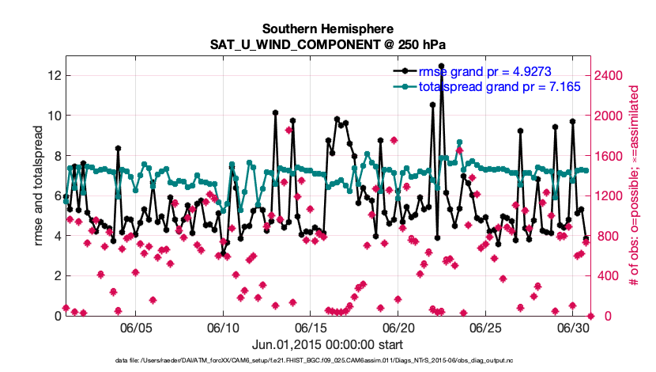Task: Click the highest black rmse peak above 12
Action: (x=441, y=66)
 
